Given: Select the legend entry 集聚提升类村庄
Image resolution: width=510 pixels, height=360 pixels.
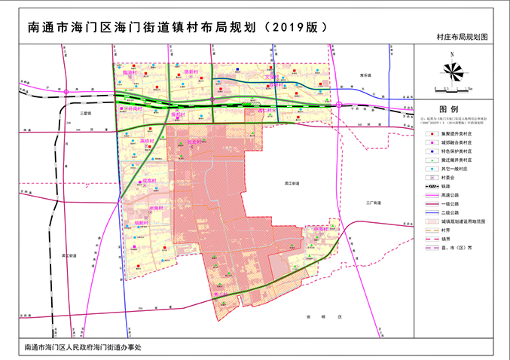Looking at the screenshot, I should pos(457,133).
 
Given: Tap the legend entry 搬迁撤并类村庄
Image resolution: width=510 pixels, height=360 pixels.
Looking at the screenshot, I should pos(457,160).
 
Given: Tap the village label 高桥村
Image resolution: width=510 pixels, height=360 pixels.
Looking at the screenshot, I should pos(148,141).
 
